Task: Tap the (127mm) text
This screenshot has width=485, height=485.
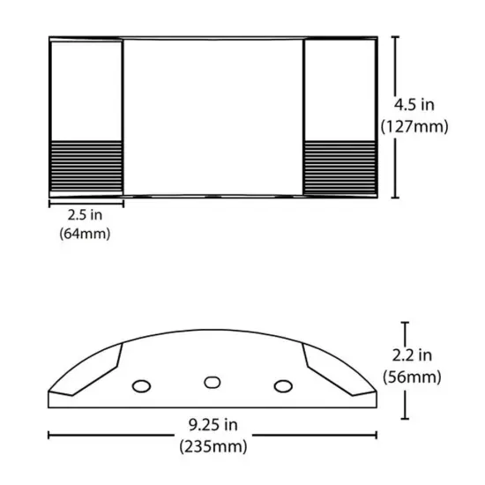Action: tap(415, 126)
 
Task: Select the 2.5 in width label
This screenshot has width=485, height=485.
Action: tap(85, 214)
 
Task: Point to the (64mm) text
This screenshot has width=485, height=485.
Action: tap(85, 234)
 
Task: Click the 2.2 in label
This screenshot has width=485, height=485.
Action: tap(412, 355)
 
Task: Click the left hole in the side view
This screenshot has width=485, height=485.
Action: tap(140, 385)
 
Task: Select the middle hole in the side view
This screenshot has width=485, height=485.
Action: tap(212, 382)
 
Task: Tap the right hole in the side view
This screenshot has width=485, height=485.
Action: tap(283, 385)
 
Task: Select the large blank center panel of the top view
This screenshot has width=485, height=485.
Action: tap(213, 116)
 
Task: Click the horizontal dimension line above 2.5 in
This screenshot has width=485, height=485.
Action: tap(85, 202)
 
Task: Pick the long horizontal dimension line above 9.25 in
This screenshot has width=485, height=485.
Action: tap(212, 434)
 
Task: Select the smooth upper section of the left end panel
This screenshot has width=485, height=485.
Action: tap(86, 88)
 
